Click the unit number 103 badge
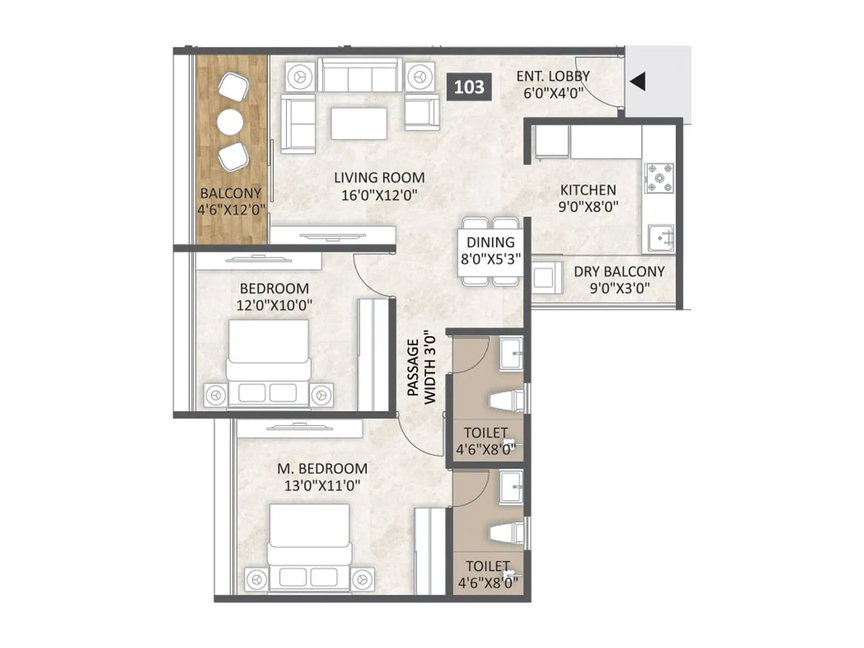point(469,87)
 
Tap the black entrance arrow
point(638,82)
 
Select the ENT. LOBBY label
point(553,76)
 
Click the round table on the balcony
point(230,122)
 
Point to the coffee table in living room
point(359,124)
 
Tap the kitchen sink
point(661,238)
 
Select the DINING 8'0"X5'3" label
point(490,251)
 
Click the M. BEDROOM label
point(322,469)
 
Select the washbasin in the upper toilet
point(511,354)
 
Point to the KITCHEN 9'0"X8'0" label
point(588,198)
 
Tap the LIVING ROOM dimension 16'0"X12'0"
point(379,195)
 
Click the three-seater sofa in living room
point(360,76)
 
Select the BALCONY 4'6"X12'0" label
point(231,201)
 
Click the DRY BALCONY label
point(619,272)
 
